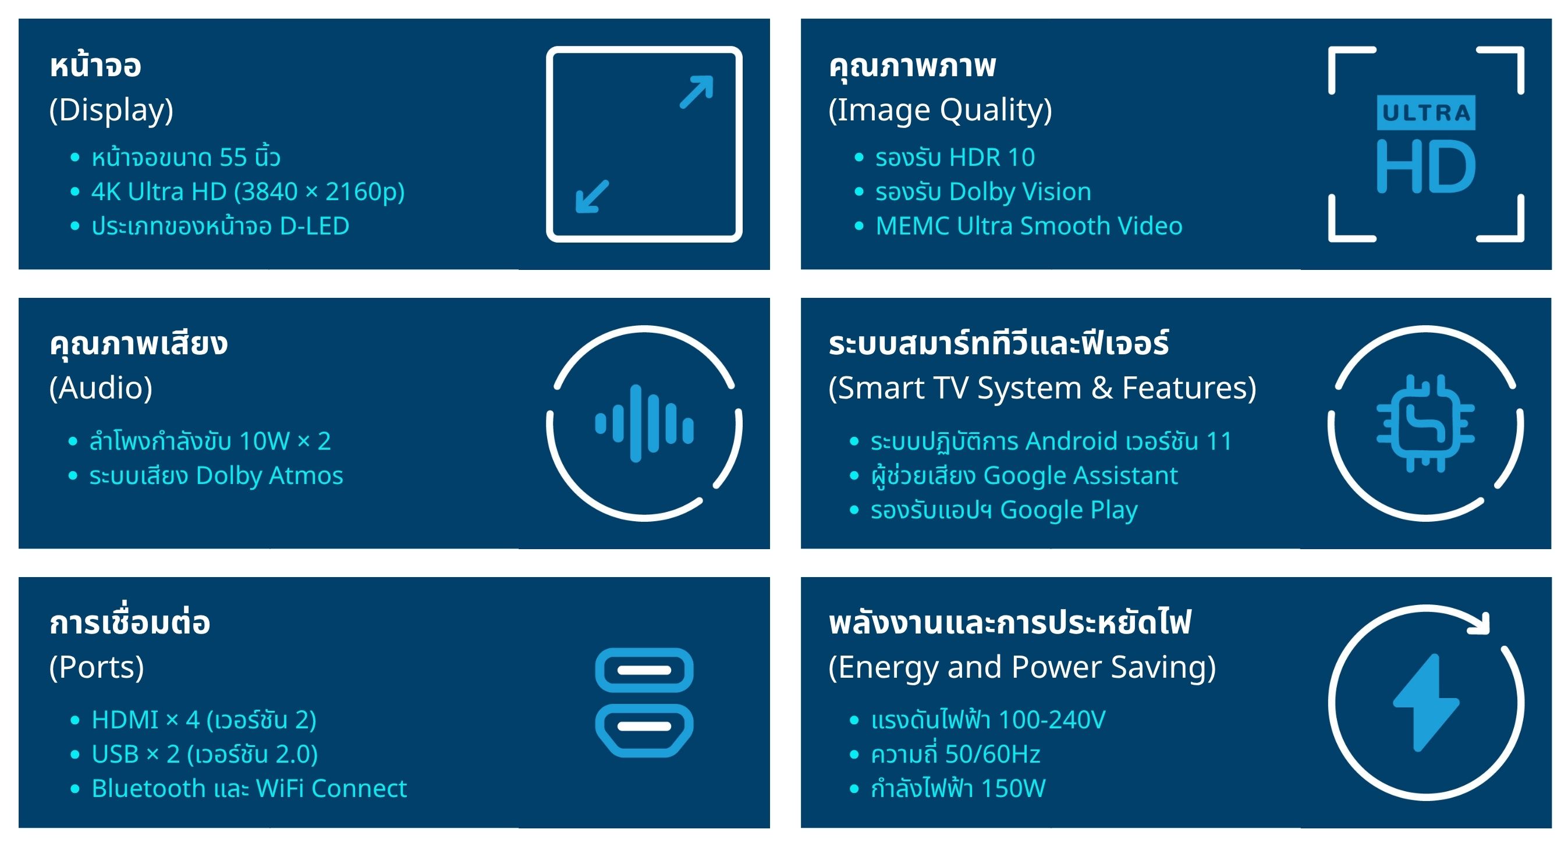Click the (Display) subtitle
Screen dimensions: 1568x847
coord(111,110)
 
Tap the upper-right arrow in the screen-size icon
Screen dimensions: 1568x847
coord(696,92)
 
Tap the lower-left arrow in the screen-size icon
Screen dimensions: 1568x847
coord(593,197)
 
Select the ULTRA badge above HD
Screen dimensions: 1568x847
coord(1425,113)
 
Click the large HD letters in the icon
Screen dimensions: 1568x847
coord(1425,166)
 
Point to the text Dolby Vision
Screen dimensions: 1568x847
coord(1020,191)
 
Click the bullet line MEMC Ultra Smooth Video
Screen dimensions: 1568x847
coord(1028,226)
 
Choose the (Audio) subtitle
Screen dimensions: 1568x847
coord(101,388)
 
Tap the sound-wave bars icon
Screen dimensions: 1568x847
coord(644,424)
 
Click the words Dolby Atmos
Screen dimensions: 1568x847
coord(269,475)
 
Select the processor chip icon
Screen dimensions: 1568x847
coord(1425,424)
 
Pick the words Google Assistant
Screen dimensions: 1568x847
coord(1080,475)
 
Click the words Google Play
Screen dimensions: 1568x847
coord(1069,510)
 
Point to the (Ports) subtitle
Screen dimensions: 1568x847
coord(97,667)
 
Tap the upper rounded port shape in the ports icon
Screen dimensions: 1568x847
coord(644,670)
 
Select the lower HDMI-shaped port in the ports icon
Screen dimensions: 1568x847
coord(644,730)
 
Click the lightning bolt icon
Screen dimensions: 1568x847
coord(1426,703)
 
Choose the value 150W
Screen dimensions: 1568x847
coord(1013,789)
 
